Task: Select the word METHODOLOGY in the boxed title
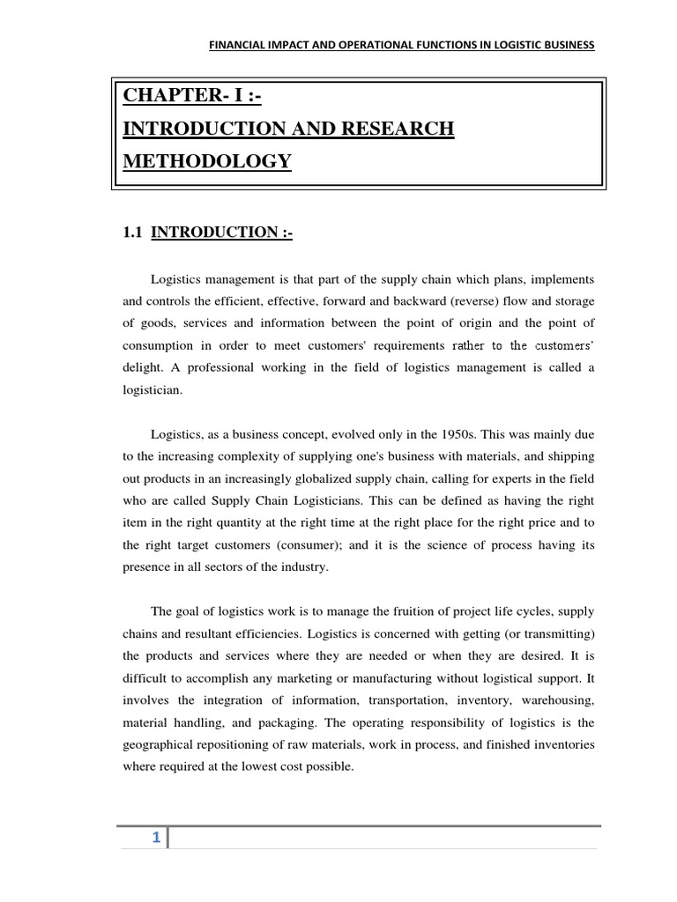(x=208, y=161)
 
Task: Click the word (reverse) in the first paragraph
(x=455, y=300)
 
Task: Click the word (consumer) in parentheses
(x=305, y=545)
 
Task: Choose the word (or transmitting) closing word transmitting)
(x=558, y=635)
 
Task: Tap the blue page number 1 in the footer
(x=155, y=838)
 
